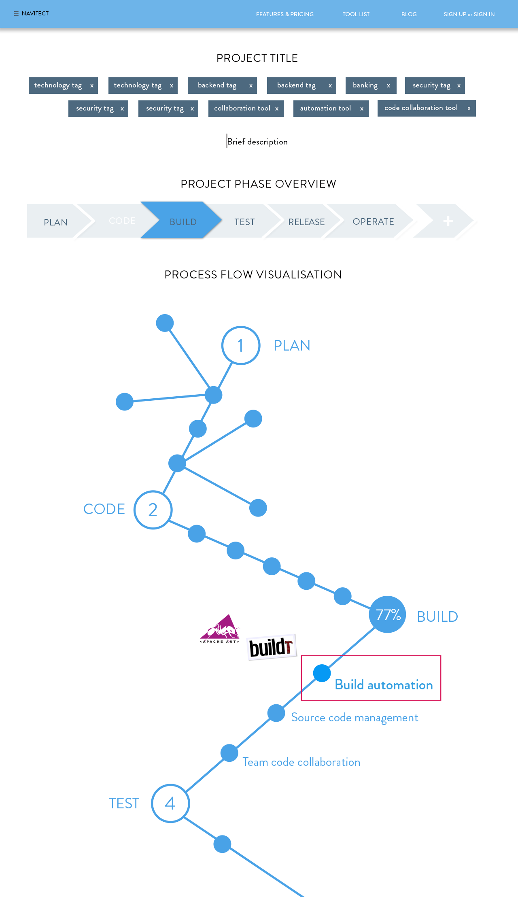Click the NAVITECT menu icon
[16, 14]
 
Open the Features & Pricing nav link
[284, 14]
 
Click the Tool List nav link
[356, 14]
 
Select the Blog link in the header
[409, 14]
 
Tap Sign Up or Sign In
[469, 14]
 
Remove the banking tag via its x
[388, 86]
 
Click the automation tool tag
[325, 108]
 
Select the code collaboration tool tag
[421, 108]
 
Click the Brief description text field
[257, 142]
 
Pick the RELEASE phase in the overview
[306, 222]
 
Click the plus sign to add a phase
[448, 221]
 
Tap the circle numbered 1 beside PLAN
[241, 346]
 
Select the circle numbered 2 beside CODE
[153, 510]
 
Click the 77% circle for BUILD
[388, 614]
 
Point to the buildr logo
[271, 647]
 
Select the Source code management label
[355, 718]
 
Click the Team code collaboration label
[301, 762]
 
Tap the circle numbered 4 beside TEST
[170, 803]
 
